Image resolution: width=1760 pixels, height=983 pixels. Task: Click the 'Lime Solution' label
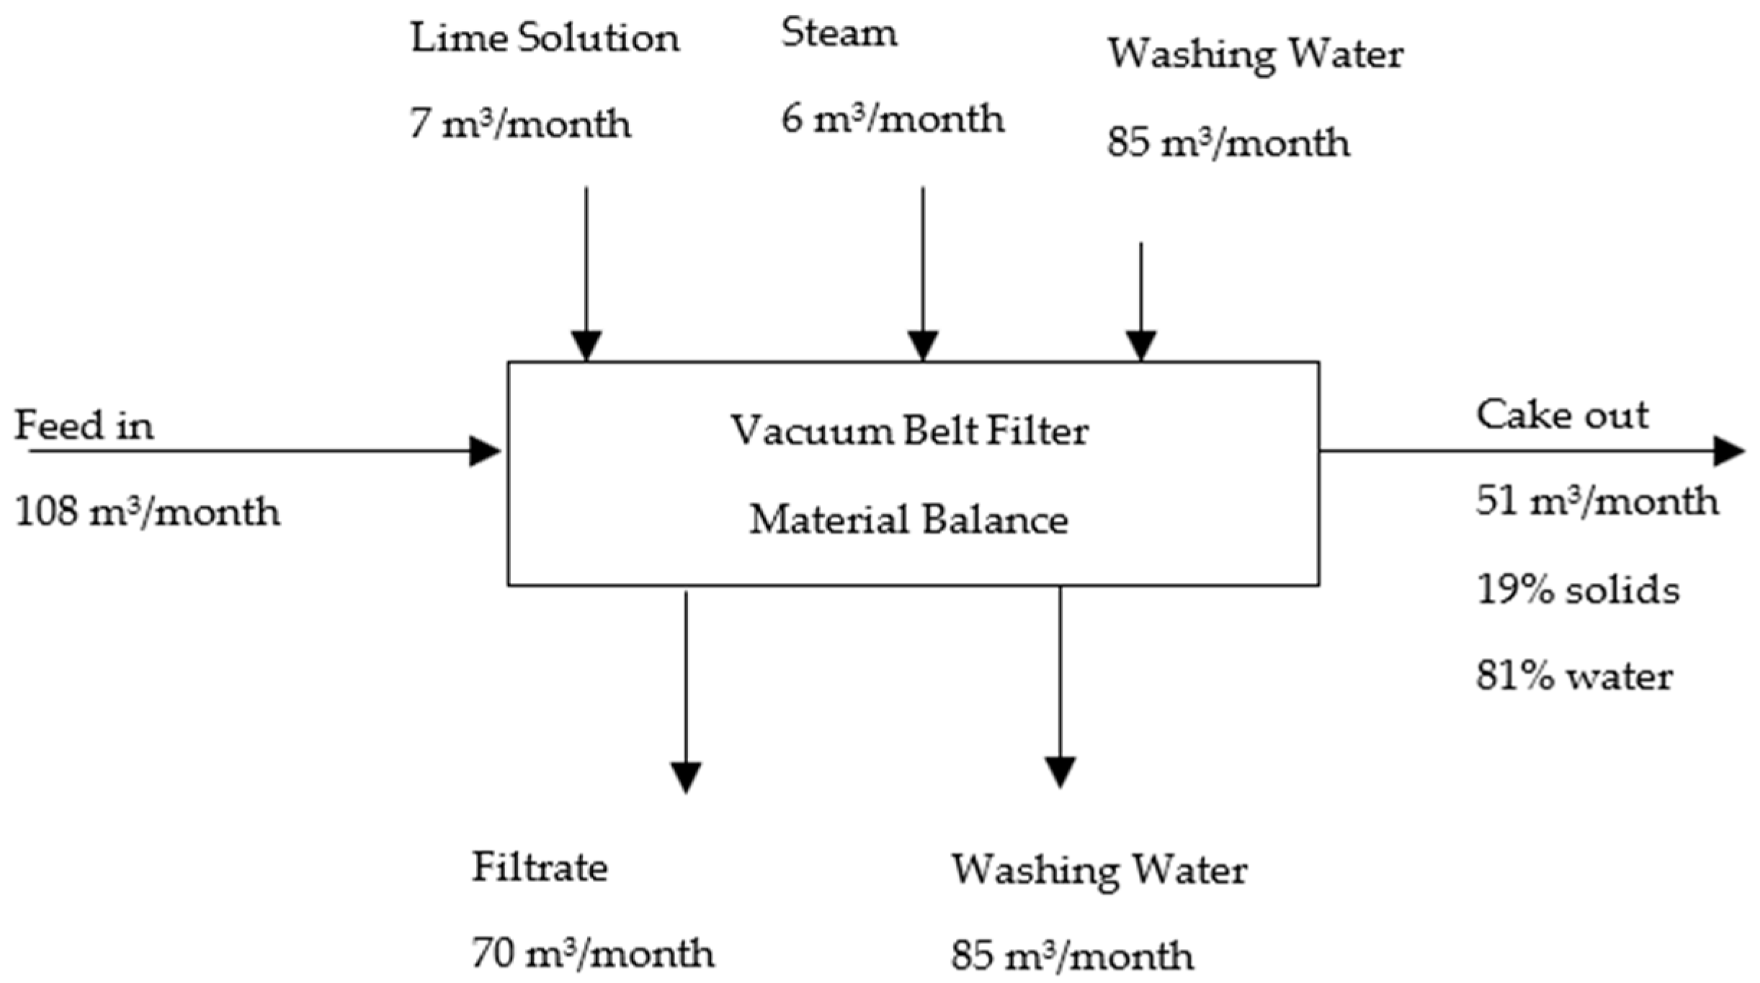[545, 38]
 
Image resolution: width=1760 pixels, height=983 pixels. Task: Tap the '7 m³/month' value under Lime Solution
[520, 124]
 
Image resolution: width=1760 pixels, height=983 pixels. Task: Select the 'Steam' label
[839, 33]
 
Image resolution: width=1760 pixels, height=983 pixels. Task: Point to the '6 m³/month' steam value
[893, 119]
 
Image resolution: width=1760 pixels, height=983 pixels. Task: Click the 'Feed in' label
[84, 425]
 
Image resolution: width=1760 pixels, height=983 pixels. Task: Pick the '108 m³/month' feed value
[147, 512]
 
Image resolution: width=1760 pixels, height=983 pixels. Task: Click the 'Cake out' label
[1562, 415]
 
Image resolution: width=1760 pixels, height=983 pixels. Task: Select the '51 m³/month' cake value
[1596, 501]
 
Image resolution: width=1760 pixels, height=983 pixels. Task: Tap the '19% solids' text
[1578, 590]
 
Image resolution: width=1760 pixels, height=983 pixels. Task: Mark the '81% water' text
[1574, 677]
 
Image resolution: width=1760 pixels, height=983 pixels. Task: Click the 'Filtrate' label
[540, 867]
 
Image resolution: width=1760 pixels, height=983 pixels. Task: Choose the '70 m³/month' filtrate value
[593, 953]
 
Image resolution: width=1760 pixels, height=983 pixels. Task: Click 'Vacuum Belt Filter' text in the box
[909, 431]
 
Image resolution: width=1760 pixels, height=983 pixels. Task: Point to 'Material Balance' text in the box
[908, 520]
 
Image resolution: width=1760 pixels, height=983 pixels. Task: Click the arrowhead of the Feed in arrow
[484, 452]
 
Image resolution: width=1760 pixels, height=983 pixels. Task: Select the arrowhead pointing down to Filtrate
[686, 777]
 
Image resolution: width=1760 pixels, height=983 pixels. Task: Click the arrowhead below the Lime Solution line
[586, 345]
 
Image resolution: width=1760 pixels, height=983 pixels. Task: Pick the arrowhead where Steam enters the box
[923, 345]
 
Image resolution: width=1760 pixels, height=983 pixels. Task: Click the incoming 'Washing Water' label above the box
[1255, 55]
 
